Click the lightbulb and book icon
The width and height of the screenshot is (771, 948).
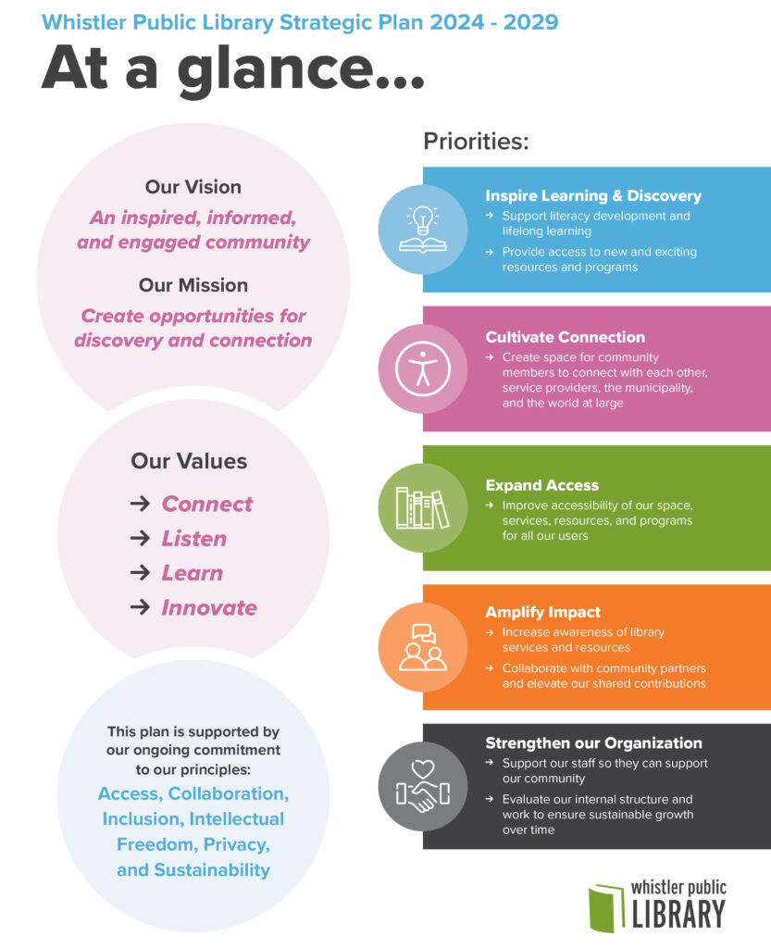[422, 230]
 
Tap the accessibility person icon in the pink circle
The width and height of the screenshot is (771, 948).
[423, 368]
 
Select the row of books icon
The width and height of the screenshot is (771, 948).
[422, 508]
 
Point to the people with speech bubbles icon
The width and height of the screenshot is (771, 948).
[423, 647]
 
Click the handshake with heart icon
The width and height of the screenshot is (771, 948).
[423, 787]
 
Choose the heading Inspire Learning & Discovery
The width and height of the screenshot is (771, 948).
[593, 196]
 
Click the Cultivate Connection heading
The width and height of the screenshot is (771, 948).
[565, 337]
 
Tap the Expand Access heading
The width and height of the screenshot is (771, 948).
[542, 485]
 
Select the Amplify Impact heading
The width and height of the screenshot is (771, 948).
[542, 612]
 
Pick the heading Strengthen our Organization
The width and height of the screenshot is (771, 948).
[593, 743]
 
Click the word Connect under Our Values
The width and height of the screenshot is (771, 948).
[207, 504]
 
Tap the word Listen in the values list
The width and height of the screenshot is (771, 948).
[194, 538]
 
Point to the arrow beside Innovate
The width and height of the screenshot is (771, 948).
[140, 607]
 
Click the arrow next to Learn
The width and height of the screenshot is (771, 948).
[140, 572]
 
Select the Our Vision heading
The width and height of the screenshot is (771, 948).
[193, 187]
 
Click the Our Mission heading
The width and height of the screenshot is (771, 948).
[193, 285]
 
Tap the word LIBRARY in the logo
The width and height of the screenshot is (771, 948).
[678, 914]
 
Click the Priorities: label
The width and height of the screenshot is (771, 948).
[476, 141]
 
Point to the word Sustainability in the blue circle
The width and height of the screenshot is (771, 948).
[212, 870]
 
